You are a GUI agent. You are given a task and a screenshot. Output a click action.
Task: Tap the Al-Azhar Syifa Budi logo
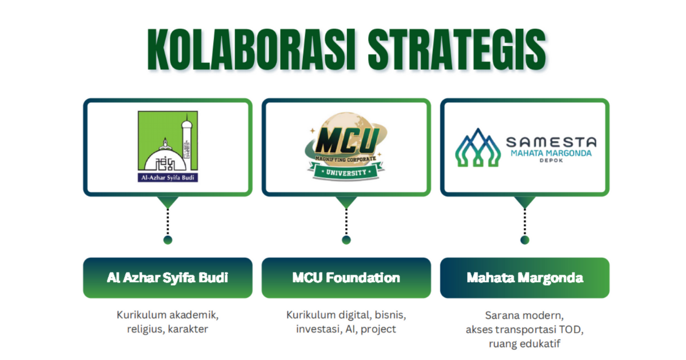point(167,147)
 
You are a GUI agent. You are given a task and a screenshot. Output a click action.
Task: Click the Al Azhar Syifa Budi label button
point(167,278)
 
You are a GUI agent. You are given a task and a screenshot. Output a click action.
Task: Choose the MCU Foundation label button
point(346,278)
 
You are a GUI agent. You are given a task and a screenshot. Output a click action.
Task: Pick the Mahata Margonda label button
point(525,278)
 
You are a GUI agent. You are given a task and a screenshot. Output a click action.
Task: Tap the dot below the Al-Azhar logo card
point(167,240)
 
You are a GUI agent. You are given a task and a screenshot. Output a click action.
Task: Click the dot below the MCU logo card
point(346,240)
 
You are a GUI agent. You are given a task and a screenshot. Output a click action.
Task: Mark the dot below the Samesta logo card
point(525,240)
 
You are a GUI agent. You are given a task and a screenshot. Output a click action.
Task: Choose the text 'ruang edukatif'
point(525,343)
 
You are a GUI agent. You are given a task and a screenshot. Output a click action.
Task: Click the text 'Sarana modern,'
point(525,315)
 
